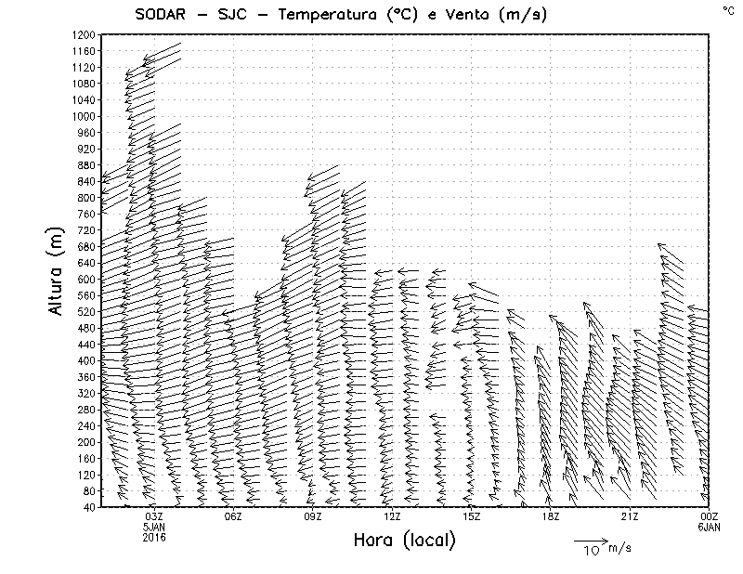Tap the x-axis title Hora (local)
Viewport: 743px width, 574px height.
405,540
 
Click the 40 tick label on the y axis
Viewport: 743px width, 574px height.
88,507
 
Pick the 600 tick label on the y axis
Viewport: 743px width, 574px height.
85,279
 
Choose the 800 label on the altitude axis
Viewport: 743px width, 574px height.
85,198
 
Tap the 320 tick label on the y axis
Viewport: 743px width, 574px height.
85,393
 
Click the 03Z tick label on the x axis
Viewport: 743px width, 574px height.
154,516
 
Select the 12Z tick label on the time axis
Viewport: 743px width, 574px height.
392,516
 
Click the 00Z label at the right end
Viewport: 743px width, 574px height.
709,516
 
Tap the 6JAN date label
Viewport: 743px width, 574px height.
709,527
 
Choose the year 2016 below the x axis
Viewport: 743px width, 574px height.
154,537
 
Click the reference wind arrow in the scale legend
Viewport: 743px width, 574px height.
590,540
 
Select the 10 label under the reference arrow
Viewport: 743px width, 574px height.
591,551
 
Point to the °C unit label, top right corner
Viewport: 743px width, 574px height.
727,10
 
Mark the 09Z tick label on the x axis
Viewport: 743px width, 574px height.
313,516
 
